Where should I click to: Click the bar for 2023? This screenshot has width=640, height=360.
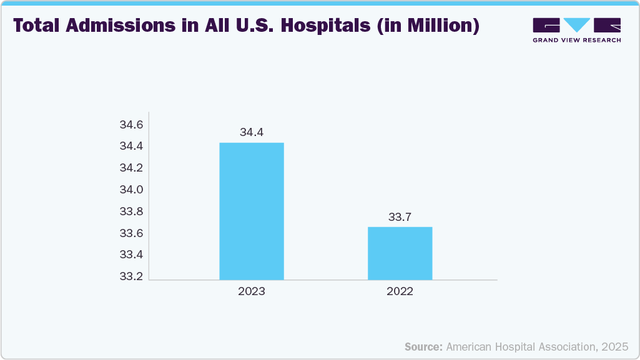(252, 211)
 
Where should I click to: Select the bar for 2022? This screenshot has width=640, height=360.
(400, 253)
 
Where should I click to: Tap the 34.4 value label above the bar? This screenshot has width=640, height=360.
(252, 132)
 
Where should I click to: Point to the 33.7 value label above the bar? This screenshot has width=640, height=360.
(400, 217)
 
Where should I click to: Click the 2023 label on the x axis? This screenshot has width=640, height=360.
(252, 291)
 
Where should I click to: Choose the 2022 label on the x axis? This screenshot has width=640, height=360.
(400, 291)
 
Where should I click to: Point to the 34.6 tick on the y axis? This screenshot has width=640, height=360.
(131, 125)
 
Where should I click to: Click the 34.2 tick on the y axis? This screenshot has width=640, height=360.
(131, 168)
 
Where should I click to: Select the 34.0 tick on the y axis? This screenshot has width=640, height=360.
(131, 190)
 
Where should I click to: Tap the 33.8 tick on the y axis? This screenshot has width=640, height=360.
(131, 212)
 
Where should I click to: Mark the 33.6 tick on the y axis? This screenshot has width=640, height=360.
(131, 233)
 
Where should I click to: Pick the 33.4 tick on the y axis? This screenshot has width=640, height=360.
(131, 255)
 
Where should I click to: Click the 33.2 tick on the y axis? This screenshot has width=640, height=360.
(131, 276)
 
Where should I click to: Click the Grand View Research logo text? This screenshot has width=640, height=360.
(576, 40)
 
